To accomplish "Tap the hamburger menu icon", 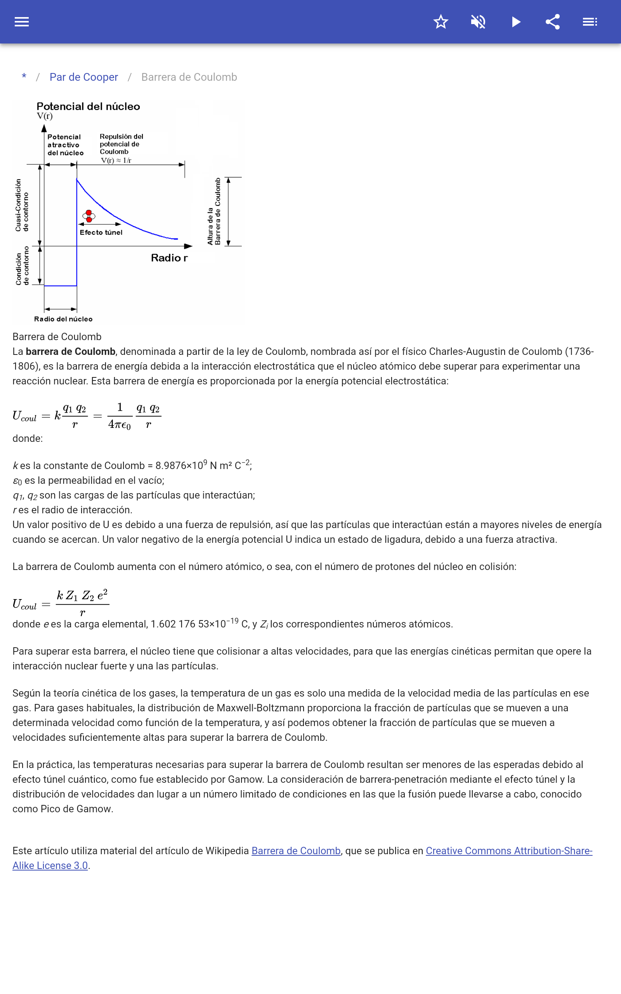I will [22, 22].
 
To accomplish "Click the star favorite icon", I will [441, 22].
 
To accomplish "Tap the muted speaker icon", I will [478, 22].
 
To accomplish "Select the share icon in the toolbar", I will [553, 22].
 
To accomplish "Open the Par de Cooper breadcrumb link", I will [84, 77].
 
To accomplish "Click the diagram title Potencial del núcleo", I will [88, 107].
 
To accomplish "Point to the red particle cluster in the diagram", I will [89, 215].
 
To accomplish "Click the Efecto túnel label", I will [101, 233].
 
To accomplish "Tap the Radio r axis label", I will [169, 258].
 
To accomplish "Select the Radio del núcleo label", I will [63, 319].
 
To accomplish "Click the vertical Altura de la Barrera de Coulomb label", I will [214, 212].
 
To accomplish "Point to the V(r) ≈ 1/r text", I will [116, 161].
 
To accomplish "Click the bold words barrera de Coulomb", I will [71, 352].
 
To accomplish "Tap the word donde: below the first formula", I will [28, 439].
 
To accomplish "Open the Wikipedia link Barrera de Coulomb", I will [296, 851].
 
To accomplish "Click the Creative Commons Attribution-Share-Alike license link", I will [508, 851].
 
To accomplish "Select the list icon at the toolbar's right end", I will [590, 22].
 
